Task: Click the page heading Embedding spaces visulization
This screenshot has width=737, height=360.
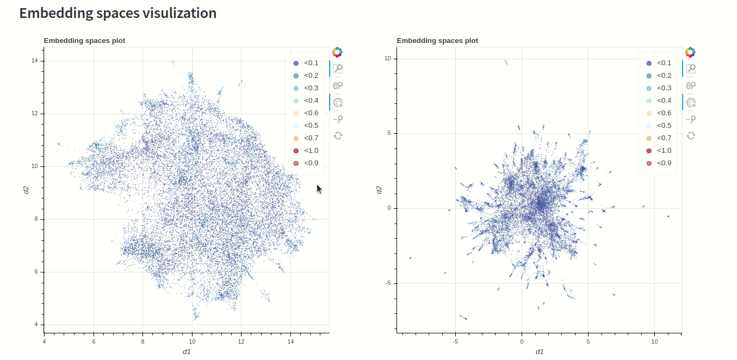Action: click(x=117, y=13)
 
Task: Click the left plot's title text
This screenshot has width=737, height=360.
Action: click(x=84, y=40)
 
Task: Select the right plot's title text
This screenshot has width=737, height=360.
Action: click(x=437, y=40)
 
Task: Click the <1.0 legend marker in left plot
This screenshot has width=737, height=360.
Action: click(x=296, y=151)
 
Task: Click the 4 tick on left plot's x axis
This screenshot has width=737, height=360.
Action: click(x=44, y=342)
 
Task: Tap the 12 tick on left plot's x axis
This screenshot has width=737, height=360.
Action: click(x=241, y=342)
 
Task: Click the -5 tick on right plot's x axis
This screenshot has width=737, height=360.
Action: click(x=455, y=342)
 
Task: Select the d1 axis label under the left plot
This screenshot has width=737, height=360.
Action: click(x=187, y=352)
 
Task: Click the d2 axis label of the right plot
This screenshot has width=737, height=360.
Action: click(x=379, y=190)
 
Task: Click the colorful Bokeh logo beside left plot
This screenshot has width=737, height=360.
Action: click(x=337, y=52)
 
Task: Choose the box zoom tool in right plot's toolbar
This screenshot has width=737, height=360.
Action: click(x=691, y=69)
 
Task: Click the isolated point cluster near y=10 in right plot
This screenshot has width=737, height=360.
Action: click(x=506, y=62)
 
